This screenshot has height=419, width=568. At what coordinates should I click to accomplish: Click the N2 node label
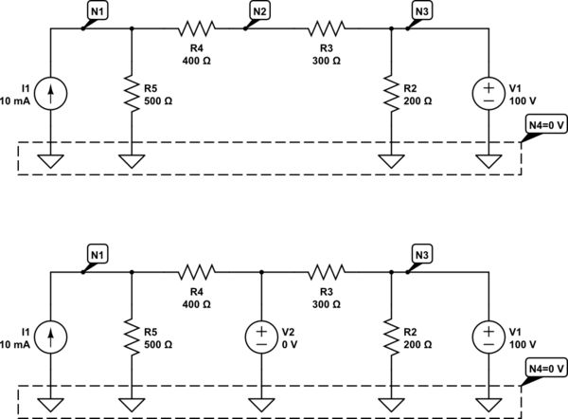pyautogui.click(x=258, y=10)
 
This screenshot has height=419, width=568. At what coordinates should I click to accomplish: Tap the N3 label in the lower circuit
pyautogui.click(x=422, y=254)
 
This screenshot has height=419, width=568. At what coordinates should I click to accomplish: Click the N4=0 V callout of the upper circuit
pyautogui.click(x=544, y=124)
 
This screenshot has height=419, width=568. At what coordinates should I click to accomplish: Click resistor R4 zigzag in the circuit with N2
pyautogui.click(x=198, y=28)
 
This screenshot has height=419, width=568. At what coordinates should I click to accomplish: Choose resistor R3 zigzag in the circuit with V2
pyautogui.click(x=327, y=272)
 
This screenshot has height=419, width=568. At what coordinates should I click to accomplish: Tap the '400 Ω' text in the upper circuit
pyautogui.click(x=198, y=60)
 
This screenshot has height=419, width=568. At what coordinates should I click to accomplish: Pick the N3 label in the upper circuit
pyautogui.click(x=422, y=10)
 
